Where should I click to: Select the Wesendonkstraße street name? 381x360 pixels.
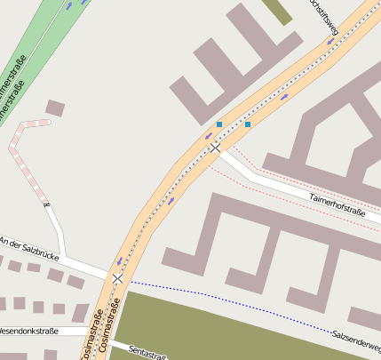(28, 331)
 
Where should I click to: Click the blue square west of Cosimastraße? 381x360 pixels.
(219, 124)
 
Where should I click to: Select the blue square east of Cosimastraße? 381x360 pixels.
(248, 124)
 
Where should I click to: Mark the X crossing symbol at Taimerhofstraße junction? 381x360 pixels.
(215, 148)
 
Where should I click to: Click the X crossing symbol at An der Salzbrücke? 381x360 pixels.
(117, 279)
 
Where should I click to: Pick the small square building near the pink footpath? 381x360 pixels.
(55, 108)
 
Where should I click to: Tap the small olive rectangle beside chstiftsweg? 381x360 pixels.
(278, 10)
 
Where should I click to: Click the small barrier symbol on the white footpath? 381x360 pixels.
(47, 206)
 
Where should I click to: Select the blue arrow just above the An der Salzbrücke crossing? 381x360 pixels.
(119, 261)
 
